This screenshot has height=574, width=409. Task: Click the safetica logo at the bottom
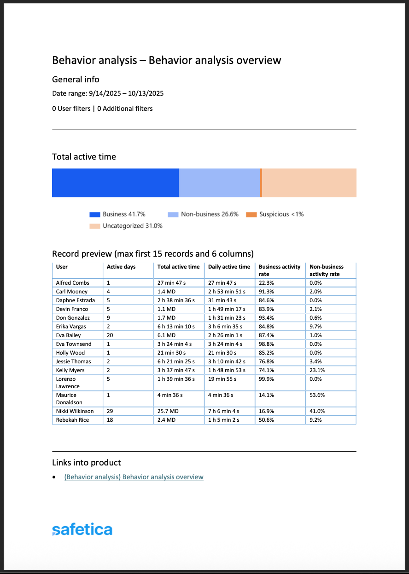point(82,529)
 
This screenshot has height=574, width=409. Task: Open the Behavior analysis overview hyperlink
point(134,477)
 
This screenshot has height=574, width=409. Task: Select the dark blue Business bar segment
point(115,183)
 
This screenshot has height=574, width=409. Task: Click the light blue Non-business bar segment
point(219,183)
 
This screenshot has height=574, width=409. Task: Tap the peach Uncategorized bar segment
point(309,183)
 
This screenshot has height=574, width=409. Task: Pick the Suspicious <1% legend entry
point(275,214)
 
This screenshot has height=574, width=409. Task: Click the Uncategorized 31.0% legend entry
point(126,226)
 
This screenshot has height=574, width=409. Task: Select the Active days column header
point(121,267)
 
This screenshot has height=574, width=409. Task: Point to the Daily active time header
point(229,267)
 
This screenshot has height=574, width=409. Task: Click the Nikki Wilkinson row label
point(75,411)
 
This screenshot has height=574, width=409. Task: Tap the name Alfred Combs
point(73,283)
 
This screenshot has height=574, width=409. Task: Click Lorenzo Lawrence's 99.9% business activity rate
point(266,379)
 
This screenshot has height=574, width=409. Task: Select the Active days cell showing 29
point(110,411)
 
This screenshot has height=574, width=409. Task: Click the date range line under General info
point(108,94)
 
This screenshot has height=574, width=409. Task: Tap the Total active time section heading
point(84,157)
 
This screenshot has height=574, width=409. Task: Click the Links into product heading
point(87,463)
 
